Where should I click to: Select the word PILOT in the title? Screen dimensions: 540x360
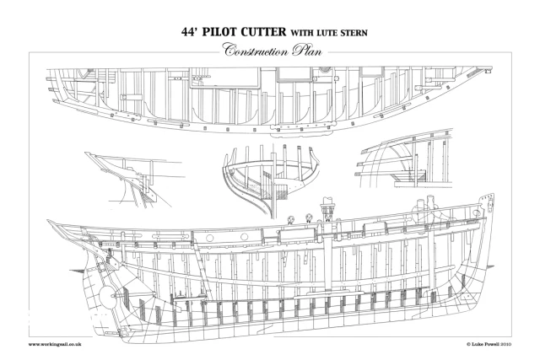click(219, 32)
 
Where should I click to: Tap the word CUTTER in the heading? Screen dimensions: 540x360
click(263, 32)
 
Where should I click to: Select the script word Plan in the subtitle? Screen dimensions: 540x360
click(307, 51)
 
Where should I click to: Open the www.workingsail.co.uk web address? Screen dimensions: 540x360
click(55, 344)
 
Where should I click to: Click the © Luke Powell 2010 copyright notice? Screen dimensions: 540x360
click(489, 344)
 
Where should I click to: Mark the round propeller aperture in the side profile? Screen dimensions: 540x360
click(106, 294)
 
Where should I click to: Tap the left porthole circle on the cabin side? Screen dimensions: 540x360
click(208, 238)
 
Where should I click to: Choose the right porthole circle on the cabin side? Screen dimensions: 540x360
click(244, 237)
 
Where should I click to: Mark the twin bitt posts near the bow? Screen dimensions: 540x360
click(425, 207)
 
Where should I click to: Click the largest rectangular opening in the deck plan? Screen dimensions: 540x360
click(224, 77)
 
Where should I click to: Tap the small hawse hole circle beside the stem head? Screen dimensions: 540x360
click(476, 212)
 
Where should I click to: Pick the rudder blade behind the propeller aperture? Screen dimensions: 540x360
click(91, 296)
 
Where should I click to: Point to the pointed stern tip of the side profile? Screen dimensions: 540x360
click(48, 221)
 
